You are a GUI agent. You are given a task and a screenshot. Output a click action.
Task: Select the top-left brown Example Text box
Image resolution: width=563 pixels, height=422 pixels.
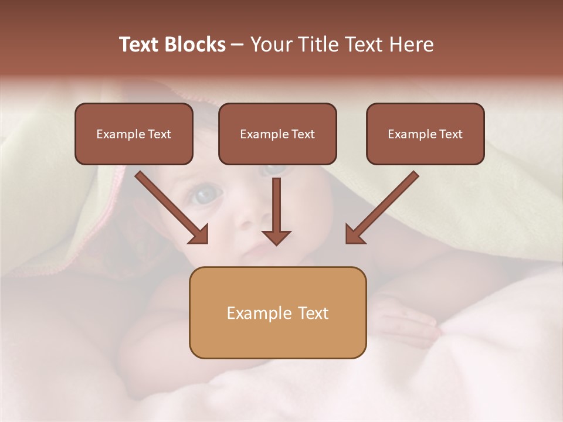point(134,134)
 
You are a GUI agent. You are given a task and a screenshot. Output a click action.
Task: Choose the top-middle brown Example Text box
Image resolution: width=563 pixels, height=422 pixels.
point(277,134)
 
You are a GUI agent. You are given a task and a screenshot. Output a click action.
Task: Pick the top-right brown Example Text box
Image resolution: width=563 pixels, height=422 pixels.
point(425,134)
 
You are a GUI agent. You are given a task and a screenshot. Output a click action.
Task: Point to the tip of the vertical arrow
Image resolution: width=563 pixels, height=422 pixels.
point(276,243)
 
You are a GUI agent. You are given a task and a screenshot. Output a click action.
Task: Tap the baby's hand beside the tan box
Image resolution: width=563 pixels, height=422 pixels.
point(405,319)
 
